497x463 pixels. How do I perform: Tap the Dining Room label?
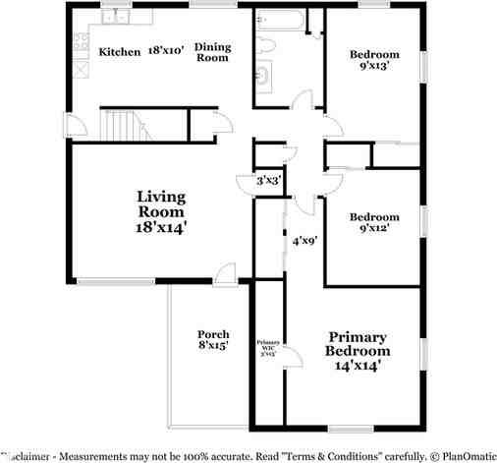tap(212, 52)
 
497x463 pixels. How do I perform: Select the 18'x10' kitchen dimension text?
tap(165, 49)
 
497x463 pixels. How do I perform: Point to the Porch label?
tap(213, 333)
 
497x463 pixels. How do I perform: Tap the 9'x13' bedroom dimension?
tap(375, 69)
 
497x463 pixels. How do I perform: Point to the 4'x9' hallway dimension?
tap(306, 239)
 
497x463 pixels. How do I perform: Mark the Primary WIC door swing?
tap(287, 369)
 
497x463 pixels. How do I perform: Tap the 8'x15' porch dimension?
tap(213, 346)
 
